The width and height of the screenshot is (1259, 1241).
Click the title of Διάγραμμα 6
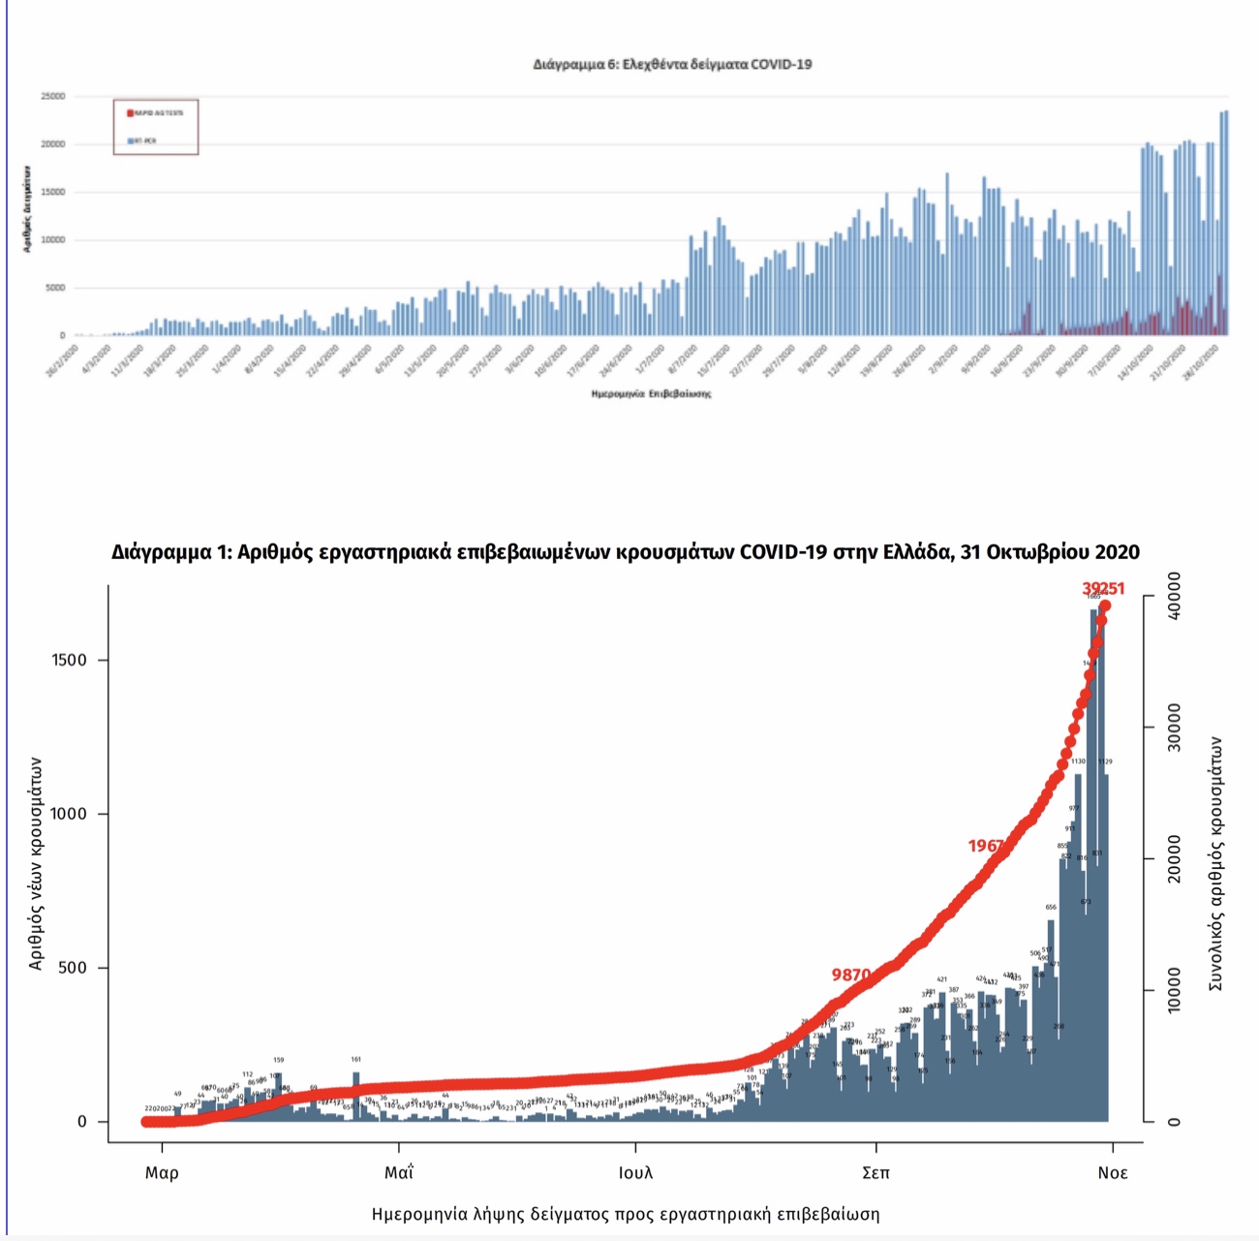coord(672,65)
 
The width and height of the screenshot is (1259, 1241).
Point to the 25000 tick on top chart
coord(53,97)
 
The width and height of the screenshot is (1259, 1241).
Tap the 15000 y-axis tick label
coord(53,193)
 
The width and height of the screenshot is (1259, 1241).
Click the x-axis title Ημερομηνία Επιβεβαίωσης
coord(651,394)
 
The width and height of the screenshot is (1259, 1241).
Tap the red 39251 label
coord(1103,589)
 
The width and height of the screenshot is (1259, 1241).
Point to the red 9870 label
coord(851,975)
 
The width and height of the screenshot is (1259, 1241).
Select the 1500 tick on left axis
coord(69,660)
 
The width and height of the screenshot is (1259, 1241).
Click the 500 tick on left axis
coord(74,968)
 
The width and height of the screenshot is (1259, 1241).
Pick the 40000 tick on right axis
coord(1174,597)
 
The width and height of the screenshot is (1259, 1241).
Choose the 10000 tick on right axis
coord(1174,990)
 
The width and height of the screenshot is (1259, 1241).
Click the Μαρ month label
coord(162,1173)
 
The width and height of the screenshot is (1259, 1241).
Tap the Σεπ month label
coord(875,1173)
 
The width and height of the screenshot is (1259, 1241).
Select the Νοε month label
coord(1112,1173)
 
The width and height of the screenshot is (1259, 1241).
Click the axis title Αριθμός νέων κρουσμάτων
coord(36,863)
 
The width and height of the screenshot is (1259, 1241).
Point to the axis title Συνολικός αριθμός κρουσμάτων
coord(1215,863)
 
